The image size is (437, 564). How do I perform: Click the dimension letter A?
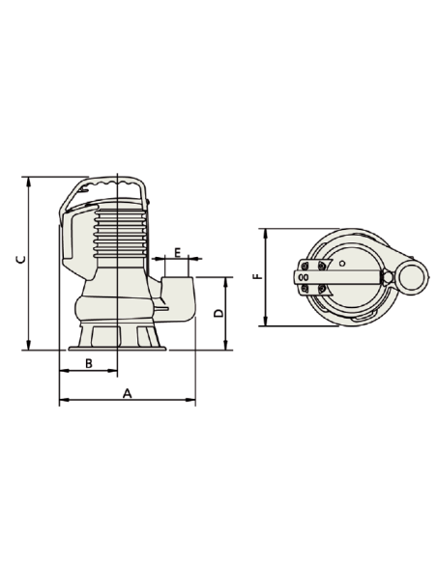(126, 393)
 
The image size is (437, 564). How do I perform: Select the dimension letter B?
(88, 363)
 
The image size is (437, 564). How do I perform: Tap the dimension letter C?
(19, 259)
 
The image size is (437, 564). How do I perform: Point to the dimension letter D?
(218, 313)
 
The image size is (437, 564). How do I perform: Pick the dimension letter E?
(178, 252)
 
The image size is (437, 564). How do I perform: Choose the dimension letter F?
(255, 276)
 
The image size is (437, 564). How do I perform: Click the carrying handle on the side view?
(114, 183)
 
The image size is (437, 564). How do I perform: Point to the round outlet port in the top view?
(410, 277)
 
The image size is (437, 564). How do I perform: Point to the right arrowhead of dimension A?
(192, 399)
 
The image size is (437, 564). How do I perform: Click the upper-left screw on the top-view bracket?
(306, 267)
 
